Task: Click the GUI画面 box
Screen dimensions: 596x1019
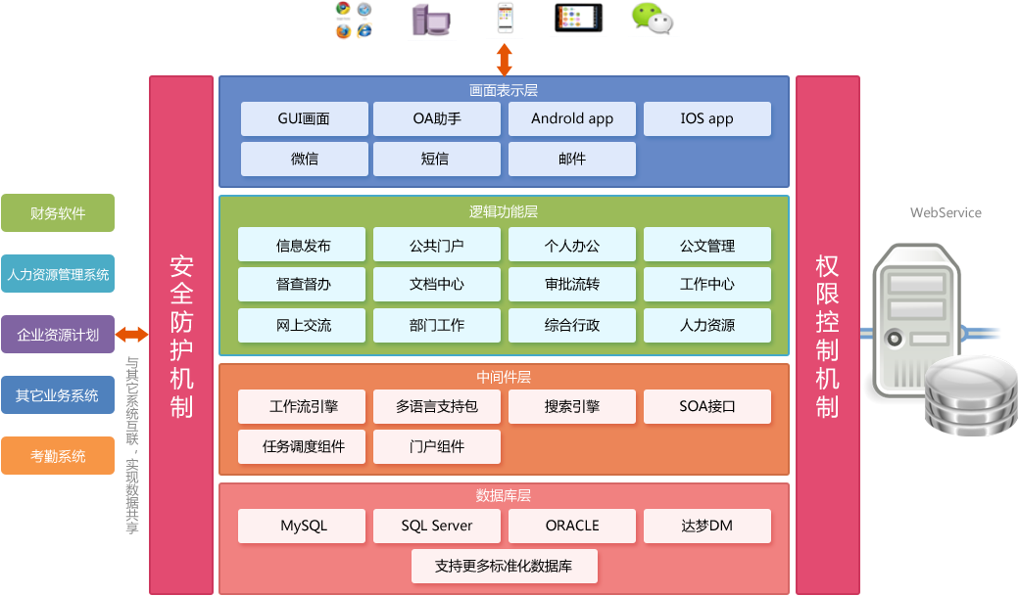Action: (304, 118)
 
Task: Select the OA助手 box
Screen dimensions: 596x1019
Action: (437, 118)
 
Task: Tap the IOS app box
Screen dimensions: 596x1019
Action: (706, 118)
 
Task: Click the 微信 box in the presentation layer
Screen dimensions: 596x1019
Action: (304, 159)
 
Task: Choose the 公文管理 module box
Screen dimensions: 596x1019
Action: (706, 245)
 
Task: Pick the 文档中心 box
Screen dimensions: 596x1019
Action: (437, 284)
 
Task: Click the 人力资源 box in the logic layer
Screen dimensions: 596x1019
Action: (706, 325)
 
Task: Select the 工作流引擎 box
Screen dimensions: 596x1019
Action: (304, 406)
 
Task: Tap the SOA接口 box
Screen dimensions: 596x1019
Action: (706, 406)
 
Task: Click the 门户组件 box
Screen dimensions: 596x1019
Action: (437, 446)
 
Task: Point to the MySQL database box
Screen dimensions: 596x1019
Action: (304, 526)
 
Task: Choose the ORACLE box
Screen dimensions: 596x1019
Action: (572, 526)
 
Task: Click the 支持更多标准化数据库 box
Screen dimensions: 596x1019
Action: (504, 566)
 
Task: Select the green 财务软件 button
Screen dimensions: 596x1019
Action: (58, 213)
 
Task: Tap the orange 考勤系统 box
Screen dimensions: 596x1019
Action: (58, 456)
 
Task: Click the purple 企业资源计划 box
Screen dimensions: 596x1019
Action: (58, 335)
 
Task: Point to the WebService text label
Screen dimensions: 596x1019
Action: (946, 212)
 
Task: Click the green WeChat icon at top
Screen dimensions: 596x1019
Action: (652, 19)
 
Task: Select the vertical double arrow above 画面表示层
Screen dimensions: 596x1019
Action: (504, 59)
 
